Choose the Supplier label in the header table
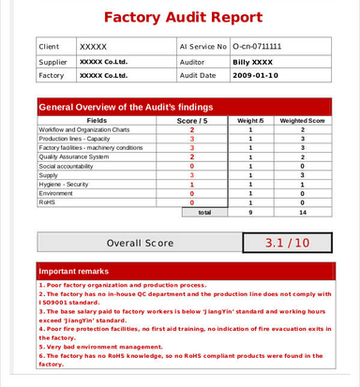click(x=52, y=61)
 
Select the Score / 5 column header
click(x=191, y=120)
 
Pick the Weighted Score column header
click(x=302, y=120)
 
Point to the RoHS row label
click(x=47, y=202)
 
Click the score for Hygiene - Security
click(x=191, y=184)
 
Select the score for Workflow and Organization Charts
click(x=191, y=129)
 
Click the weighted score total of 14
click(x=302, y=213)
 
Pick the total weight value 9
click(x=250, y=213)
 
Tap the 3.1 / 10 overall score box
click(x=287, y=243)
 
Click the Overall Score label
click(x=140, y=243)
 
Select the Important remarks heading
click(x=75, y=271)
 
